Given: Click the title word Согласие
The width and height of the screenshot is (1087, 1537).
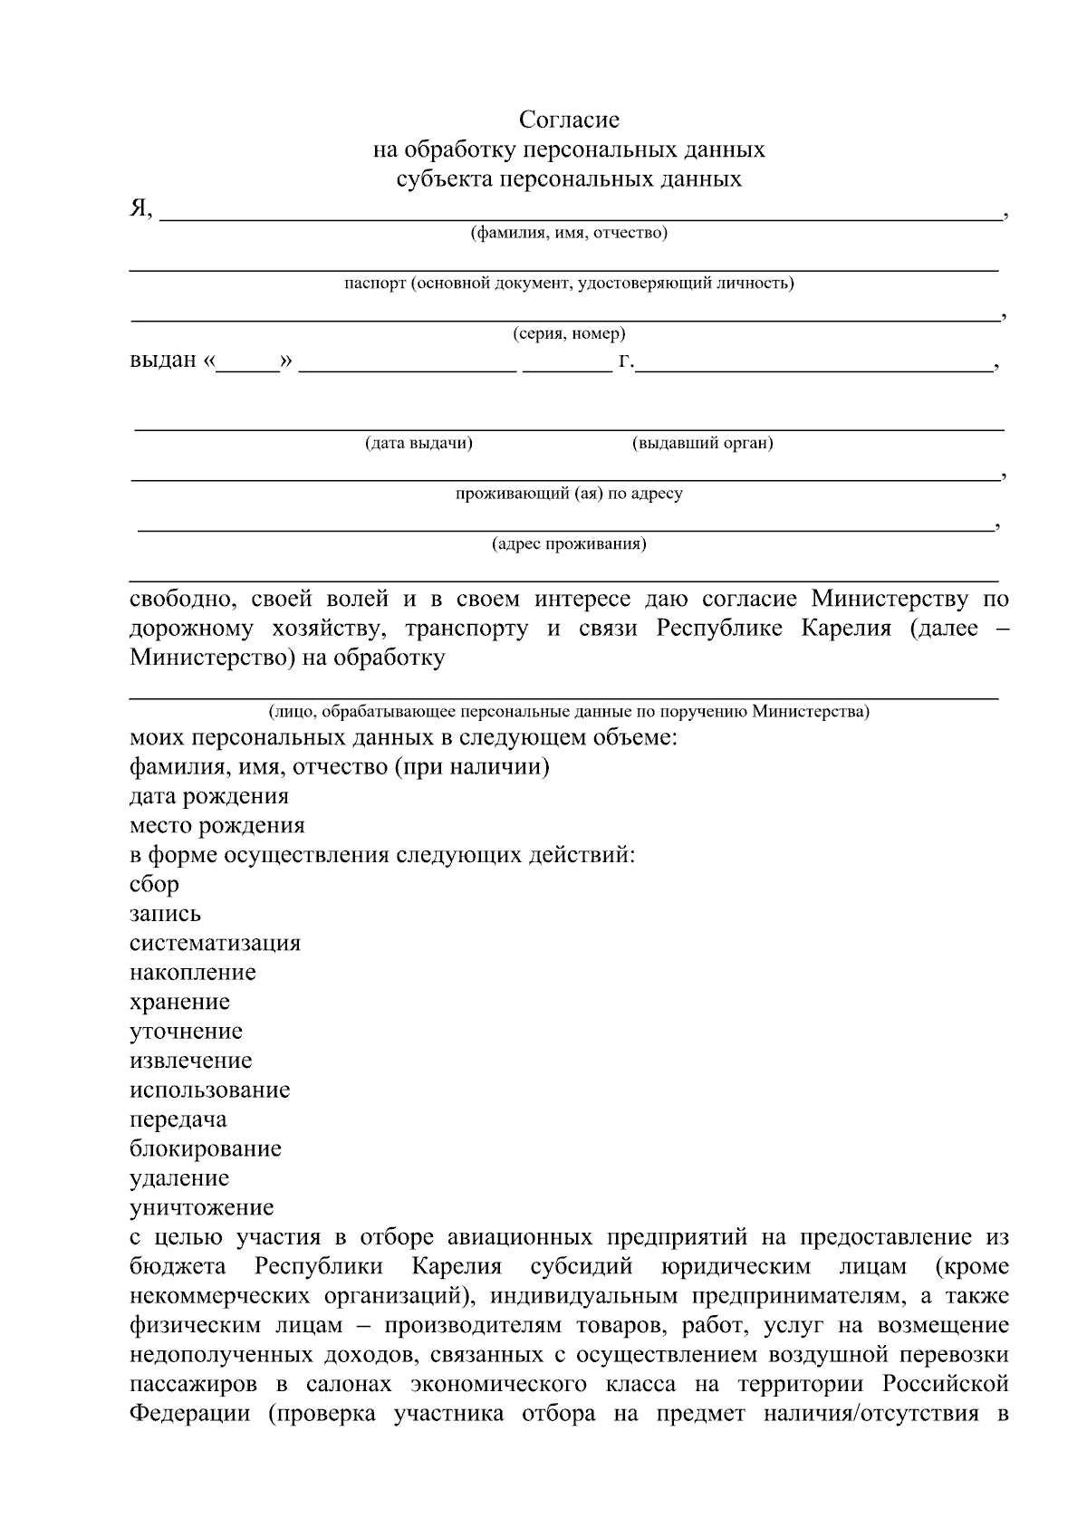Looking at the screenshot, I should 569,120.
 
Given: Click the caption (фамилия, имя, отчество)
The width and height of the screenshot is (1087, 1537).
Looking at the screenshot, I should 568,234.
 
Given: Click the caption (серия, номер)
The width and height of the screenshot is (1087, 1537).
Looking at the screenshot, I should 569,333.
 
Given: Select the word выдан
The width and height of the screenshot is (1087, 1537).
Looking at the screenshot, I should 163,360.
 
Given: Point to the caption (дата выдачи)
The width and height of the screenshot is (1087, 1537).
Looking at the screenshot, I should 418,443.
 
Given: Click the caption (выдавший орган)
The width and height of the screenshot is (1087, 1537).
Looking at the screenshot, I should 702,443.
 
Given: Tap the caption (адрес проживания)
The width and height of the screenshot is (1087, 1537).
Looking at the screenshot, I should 569,543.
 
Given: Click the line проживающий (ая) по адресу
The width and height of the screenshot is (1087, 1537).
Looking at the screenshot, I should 569,494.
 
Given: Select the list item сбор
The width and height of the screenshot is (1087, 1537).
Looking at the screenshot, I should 154,884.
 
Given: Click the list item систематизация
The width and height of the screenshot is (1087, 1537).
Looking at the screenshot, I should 215,943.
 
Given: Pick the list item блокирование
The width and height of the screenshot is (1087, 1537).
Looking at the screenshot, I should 206,1148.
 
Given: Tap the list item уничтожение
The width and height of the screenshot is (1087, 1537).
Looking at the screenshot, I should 201,1207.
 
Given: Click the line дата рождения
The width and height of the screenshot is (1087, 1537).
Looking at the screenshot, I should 209,796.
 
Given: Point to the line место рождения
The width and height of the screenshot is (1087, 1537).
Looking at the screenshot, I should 217,825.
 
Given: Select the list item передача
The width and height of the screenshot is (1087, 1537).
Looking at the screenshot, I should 178,1119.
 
